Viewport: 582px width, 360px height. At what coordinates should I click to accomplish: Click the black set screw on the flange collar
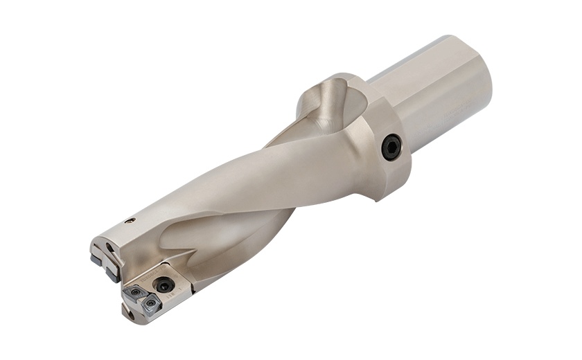tap(391, 147)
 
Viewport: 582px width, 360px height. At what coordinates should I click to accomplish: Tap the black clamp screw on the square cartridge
tap(164, 285)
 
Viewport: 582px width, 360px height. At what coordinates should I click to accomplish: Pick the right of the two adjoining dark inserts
tap(152, 306)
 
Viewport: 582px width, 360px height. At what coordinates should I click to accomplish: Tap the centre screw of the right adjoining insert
tap(152, 305)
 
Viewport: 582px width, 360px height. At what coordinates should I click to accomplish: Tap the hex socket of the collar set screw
tap(391, 147)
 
